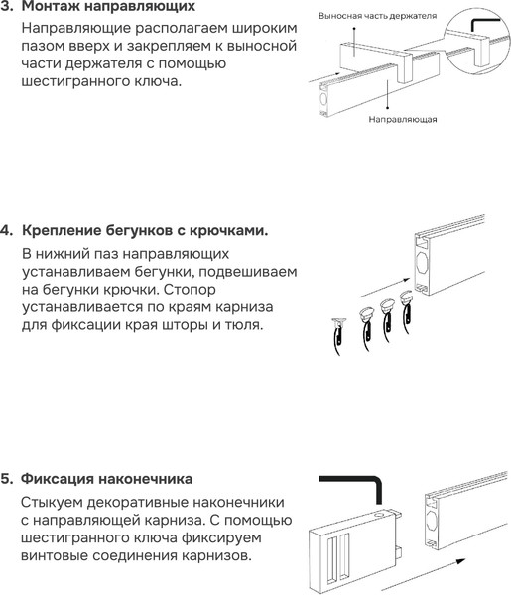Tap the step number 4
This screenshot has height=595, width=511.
[x=7, y=231]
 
